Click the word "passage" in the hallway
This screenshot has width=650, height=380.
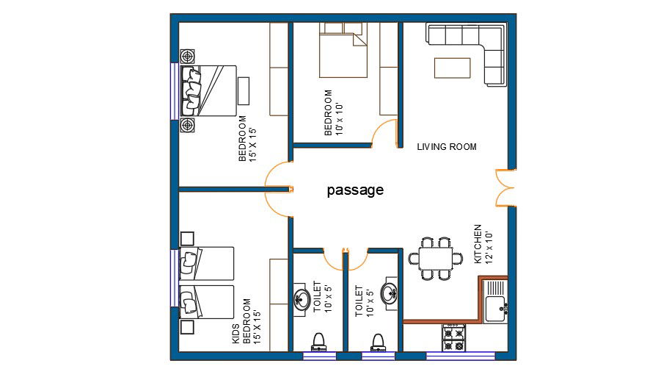click(355, 190)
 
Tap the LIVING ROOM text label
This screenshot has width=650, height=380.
click(447, 147)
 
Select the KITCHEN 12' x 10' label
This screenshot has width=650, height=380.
click(482, 244)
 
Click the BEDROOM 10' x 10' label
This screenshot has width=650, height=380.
click(333, 112)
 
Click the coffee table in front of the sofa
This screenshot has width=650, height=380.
click(452, 68)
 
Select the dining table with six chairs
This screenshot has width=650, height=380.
click(437, 259)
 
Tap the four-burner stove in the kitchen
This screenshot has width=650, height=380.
click(453, 337)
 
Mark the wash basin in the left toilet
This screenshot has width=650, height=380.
click(302, 298)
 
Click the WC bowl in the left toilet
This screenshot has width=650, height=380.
click(318, 340)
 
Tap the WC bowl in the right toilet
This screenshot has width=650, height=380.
click(378, 340)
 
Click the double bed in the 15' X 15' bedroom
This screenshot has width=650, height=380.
click(209, 91)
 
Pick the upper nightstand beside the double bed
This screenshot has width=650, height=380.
click(189, 57)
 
